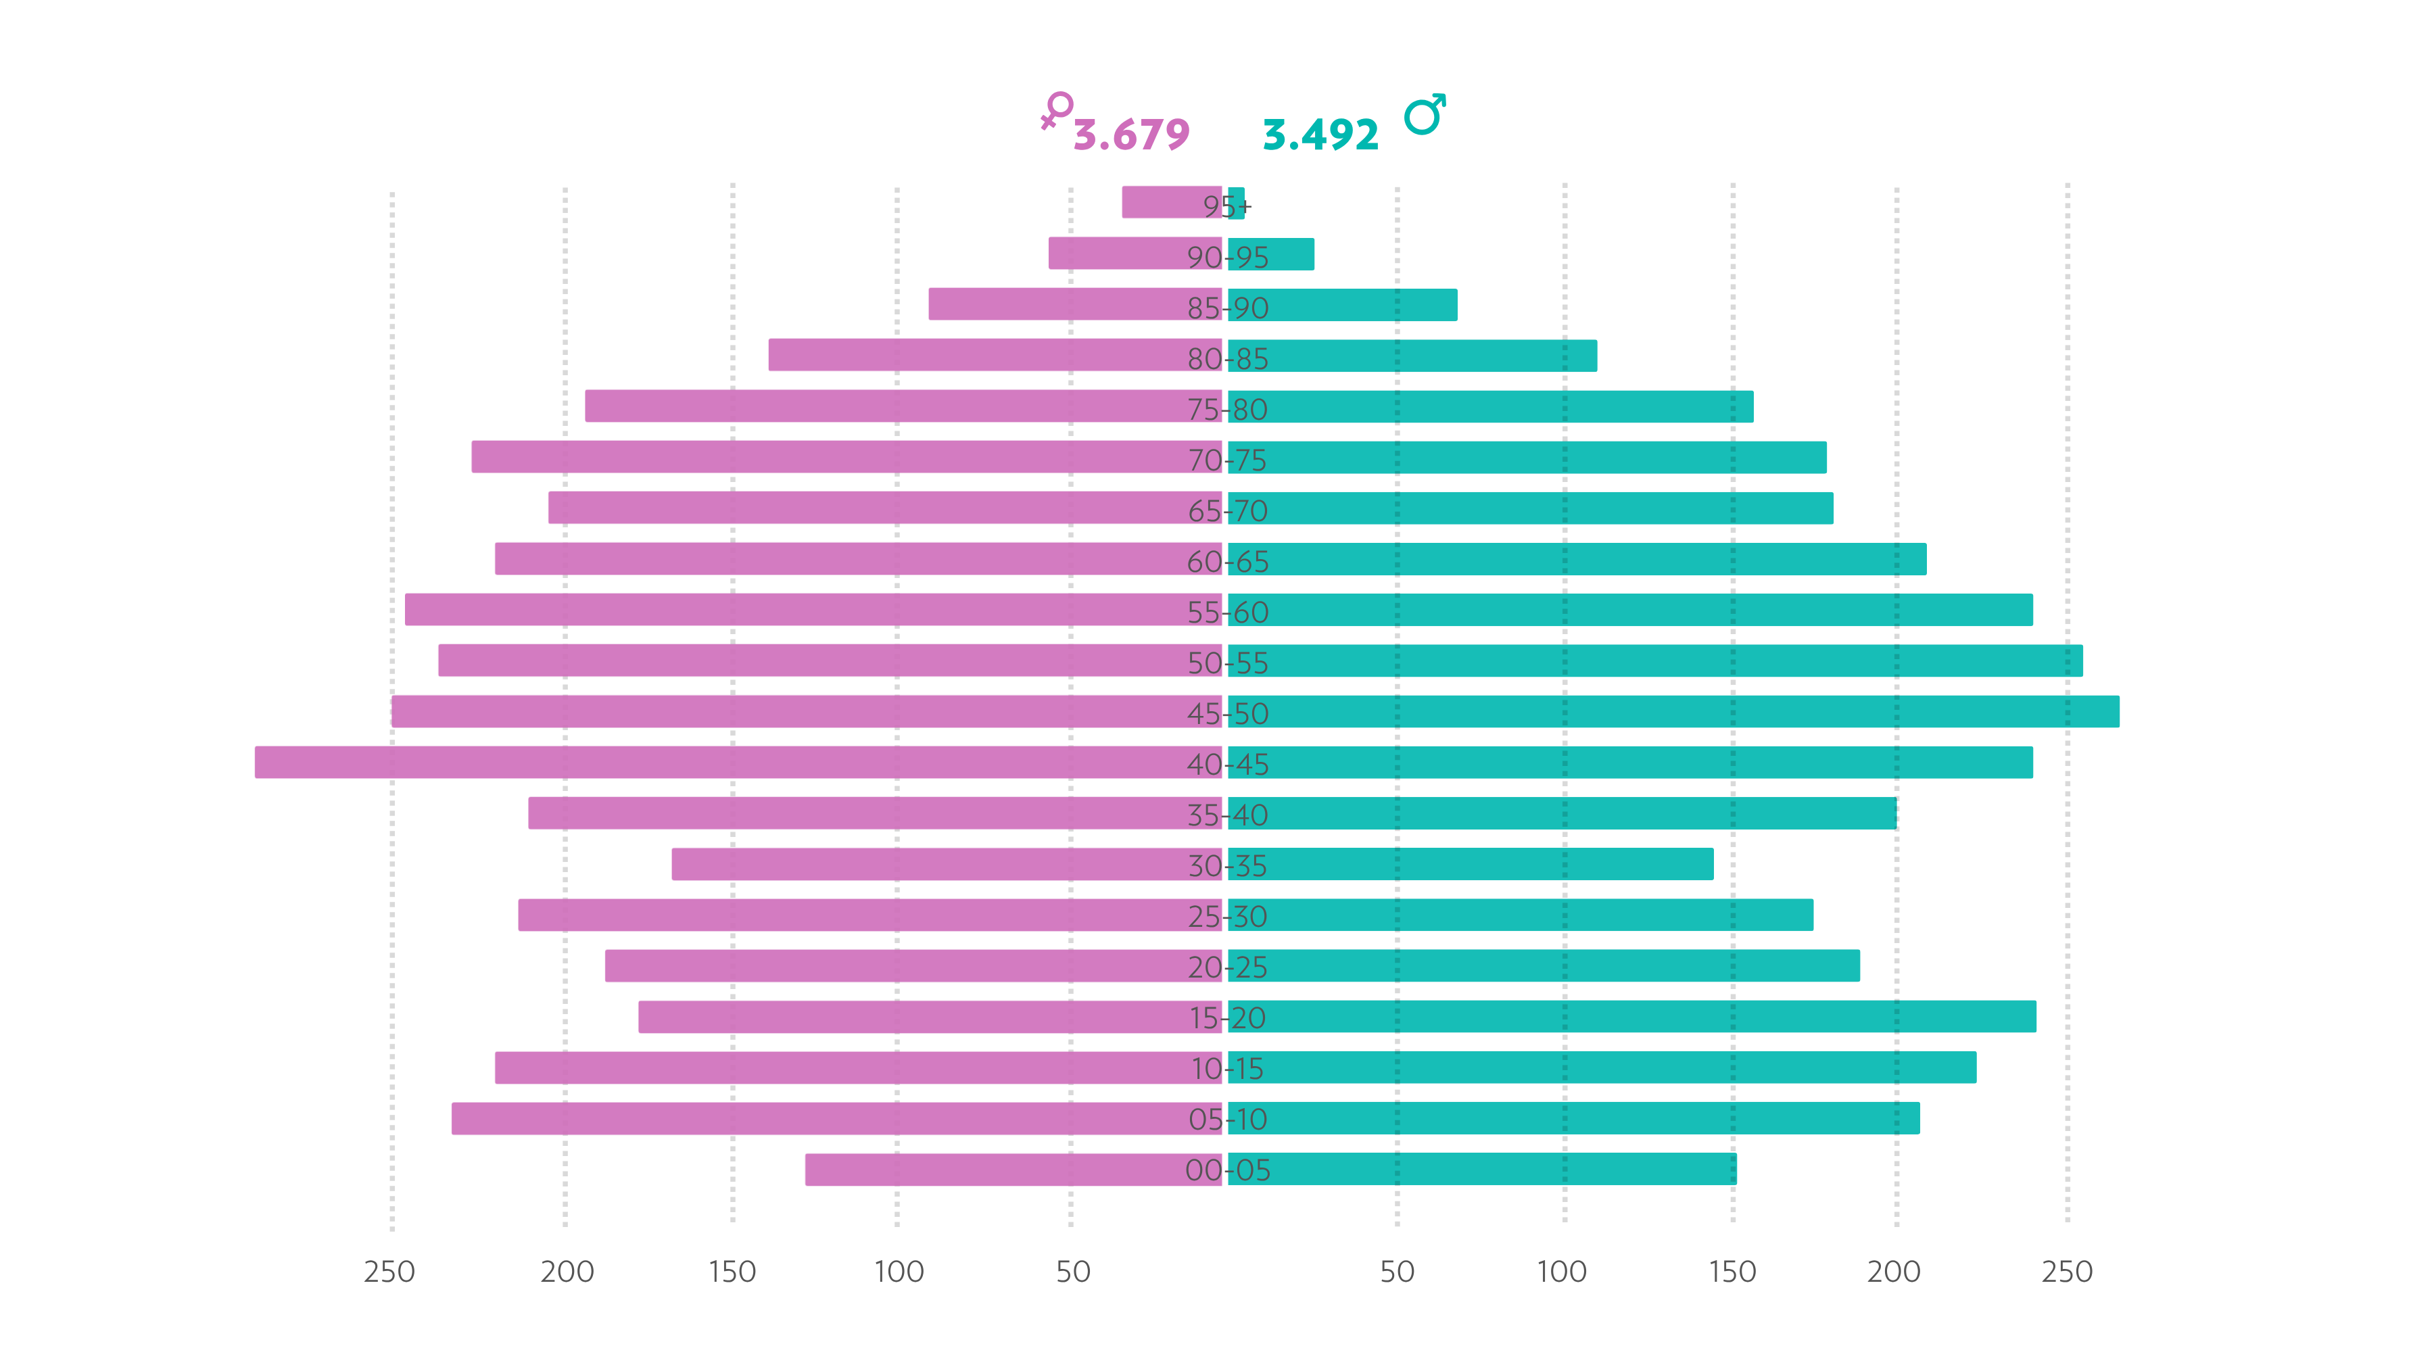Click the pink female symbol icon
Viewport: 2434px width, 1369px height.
pos(1056,110)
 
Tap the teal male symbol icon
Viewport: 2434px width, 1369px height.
pos(1425,114)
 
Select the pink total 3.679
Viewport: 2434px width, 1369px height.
pos(1131,135)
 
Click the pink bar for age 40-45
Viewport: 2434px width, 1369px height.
pos(738,763)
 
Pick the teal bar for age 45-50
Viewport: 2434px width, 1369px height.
pos(1673,711)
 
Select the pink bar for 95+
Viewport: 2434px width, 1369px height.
pos(1172,202)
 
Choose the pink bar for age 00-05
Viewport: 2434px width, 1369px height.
pos(1013,1170)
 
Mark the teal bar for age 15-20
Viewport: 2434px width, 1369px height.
pos(1632,1017)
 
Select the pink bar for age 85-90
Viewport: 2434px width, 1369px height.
pos(1075,304)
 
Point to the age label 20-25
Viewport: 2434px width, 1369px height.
pos(1227,967)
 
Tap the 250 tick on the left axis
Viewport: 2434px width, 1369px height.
pos(389,1272)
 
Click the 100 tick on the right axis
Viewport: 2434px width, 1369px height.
pos(1562,1272)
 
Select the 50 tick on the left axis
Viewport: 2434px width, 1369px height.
pos(1074,1272)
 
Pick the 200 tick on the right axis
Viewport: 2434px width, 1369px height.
pos(1894,1272)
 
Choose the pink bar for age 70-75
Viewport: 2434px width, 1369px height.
pos(846,456)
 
